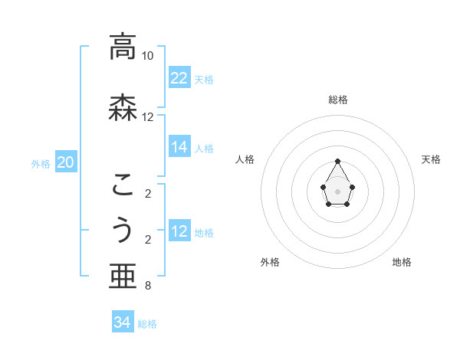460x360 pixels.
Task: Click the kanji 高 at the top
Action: point(122,47)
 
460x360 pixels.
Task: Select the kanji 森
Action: point(122,107)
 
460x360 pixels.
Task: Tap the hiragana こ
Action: point(122,184)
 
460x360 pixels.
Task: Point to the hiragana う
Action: point(122,230)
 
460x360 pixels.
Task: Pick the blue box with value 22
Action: point(179,78)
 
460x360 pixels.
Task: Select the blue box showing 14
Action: point(179,147)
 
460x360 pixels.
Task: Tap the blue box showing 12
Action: point(179,231)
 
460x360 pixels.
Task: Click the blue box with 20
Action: point(66,162)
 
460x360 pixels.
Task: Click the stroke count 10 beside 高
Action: point(147,56)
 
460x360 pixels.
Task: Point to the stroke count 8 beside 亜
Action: point(147,286)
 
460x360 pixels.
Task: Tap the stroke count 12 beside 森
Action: point(147,117)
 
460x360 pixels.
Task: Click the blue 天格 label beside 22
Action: point(204,79)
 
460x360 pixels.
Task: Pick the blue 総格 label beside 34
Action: point(147,324)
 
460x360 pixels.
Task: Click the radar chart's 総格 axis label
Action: point(338,100)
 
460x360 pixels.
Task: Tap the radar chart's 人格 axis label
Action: point(245,159)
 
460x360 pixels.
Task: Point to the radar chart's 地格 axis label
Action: point(402,262)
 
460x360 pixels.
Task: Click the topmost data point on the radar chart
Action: point(338,161)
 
